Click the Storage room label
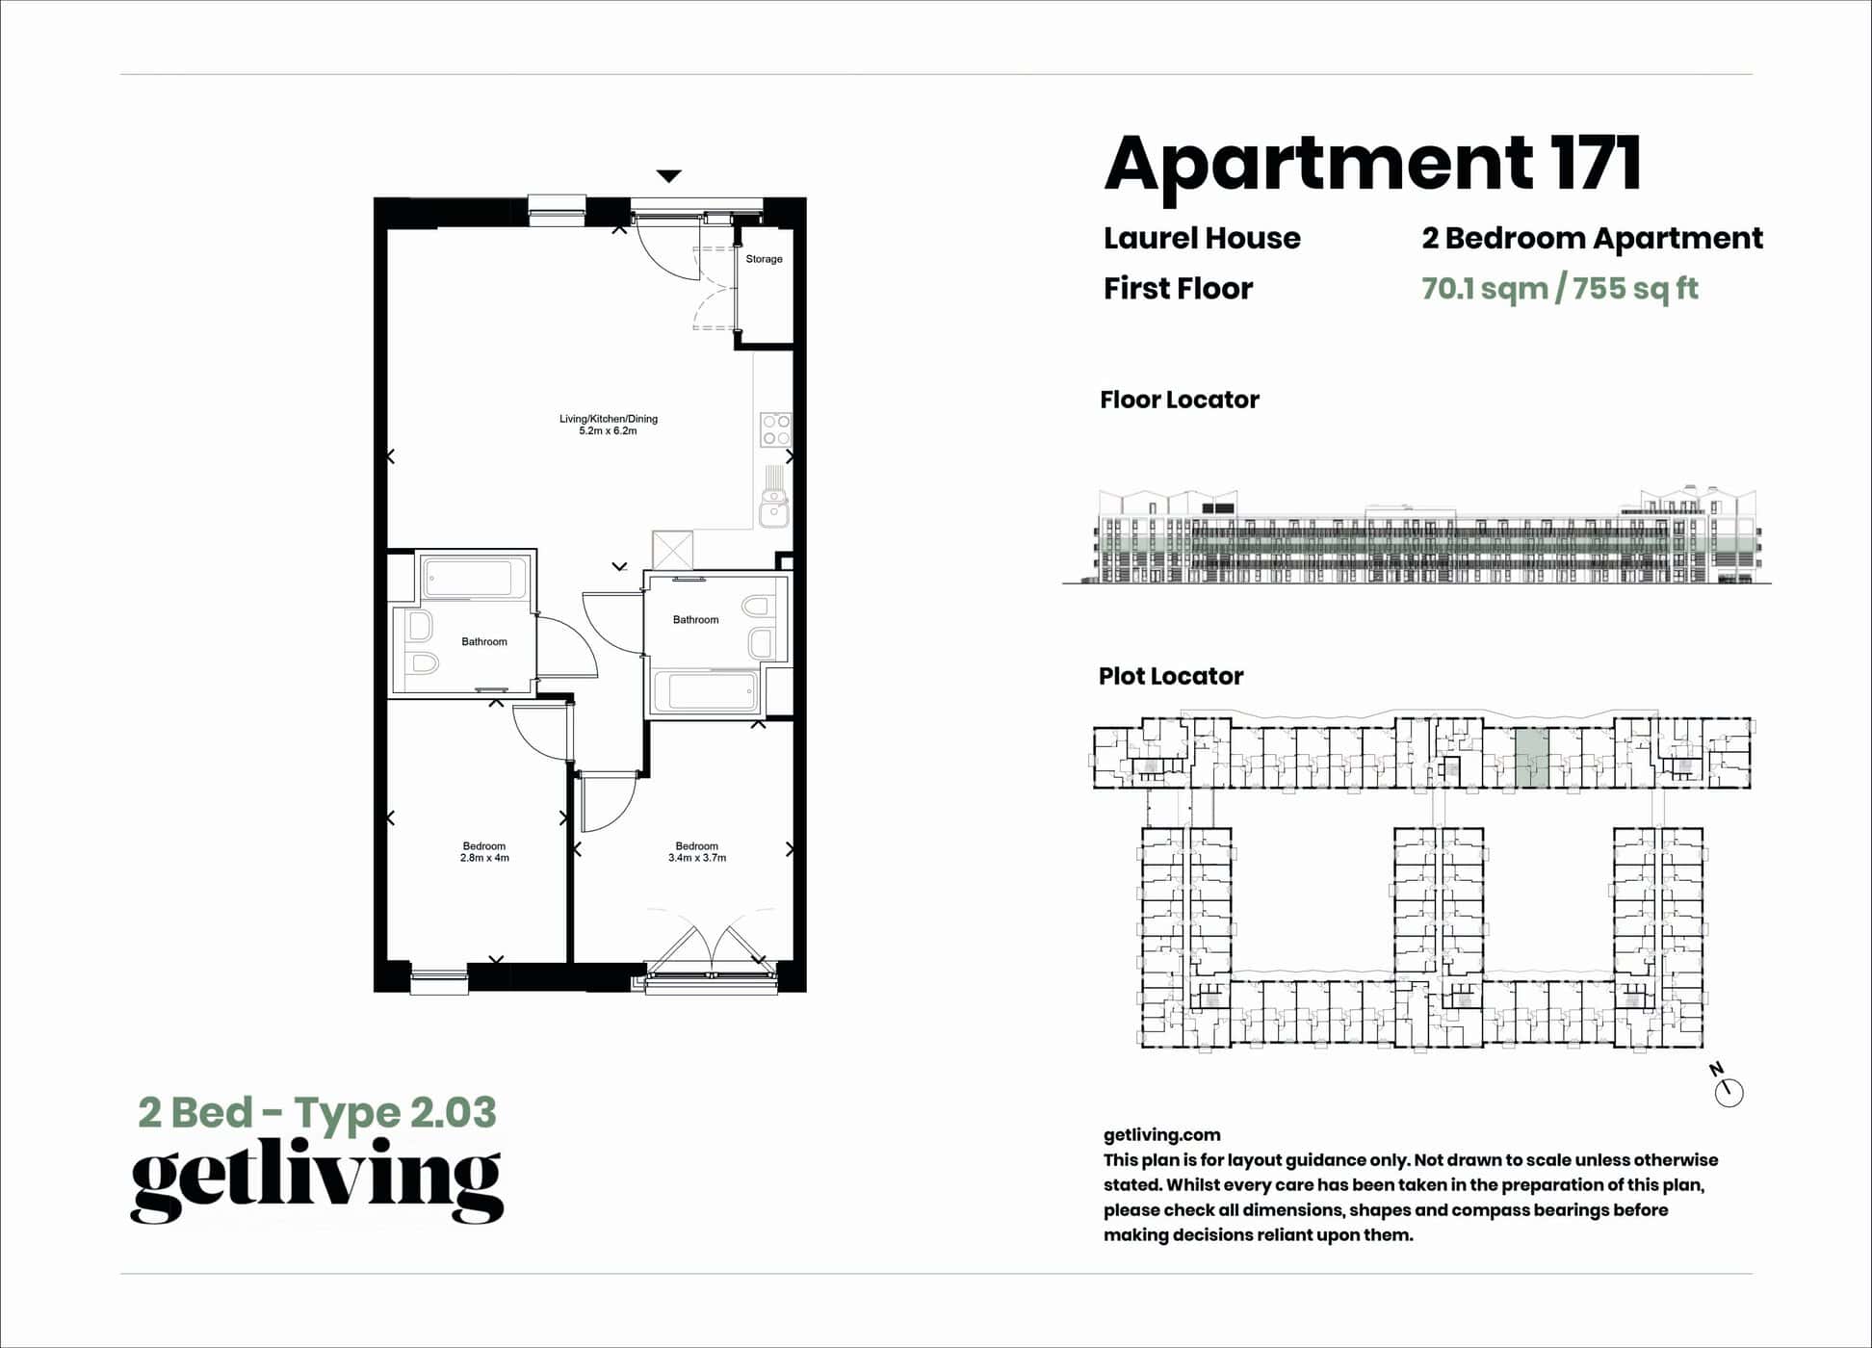(764, 259)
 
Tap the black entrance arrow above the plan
(669, 176)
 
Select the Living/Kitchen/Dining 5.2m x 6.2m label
(608, 425)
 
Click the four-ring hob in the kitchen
(775, 429)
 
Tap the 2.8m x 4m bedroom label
(484, 852)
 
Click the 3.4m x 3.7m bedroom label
(697, 852)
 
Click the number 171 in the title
(1595, 163)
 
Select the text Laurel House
(1202, 238)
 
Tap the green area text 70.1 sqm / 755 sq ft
(1559, 288)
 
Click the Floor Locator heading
(1179, 400)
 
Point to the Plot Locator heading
(1170, 676)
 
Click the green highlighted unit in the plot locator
(1532, 759)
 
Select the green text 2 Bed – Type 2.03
(317, 1112)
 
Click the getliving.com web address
(1161, 1135)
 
